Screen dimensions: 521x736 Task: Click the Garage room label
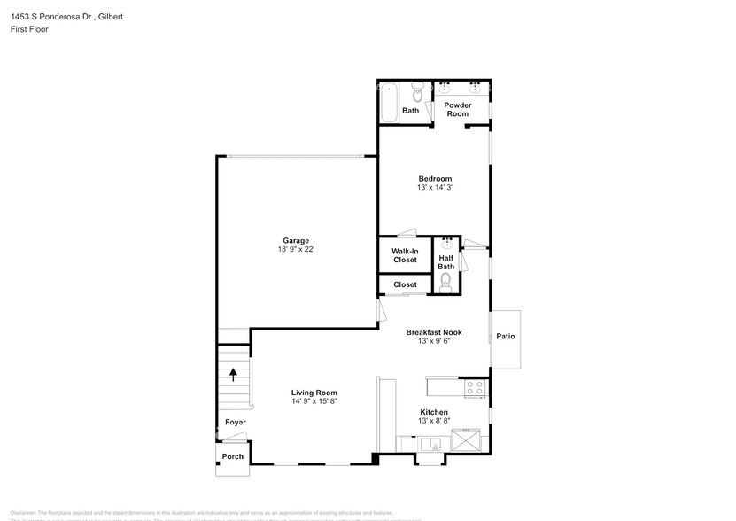click(296, 241)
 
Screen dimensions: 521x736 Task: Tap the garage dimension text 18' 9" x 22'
click(296, 250)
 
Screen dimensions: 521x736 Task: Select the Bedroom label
click(435, 179)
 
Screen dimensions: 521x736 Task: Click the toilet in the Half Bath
click(445, 282)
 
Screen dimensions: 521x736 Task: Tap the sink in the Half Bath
click(446, 242)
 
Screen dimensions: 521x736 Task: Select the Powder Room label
click(457, 110)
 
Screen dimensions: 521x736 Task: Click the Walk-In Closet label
click(404, 255)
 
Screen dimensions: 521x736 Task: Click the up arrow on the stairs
click(234, 374)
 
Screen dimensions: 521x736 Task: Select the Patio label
click(505, 337)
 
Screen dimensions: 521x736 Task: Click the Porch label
click(232, 456)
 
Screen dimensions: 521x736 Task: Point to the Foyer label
click(235, 423)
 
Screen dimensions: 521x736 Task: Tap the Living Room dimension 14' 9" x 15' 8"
click(314, 401)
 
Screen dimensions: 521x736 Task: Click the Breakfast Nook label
click(434, 332)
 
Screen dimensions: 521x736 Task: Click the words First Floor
click(29, 29)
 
